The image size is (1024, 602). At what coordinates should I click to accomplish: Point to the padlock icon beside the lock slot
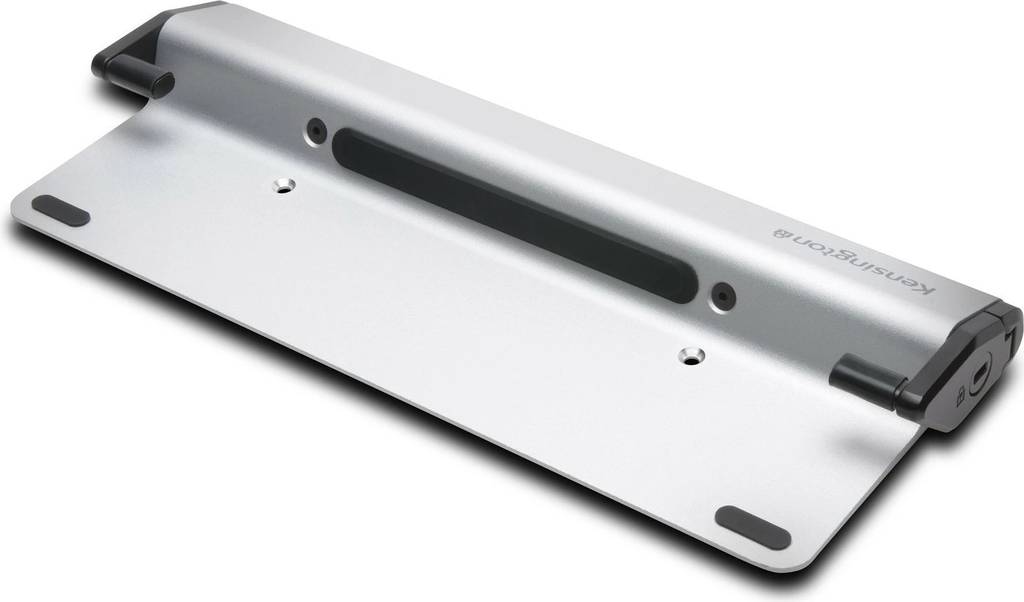[x=958, y=397]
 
